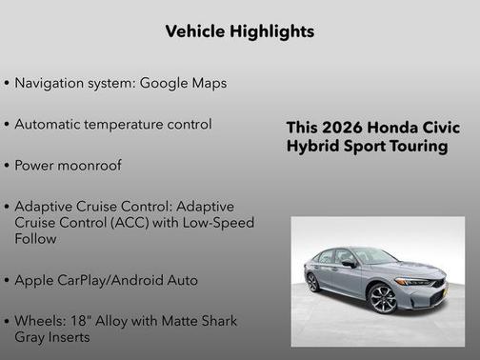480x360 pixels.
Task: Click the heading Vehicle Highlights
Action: tap(239, 31)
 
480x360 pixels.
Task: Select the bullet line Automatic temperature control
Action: tap(113, 124)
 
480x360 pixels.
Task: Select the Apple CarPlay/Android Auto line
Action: tap(106, 280)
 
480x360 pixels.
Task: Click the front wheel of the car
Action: tap(383, 297)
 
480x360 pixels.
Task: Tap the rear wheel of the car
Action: tap(312, 282)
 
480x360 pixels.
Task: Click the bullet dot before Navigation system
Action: tap(8, 84)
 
